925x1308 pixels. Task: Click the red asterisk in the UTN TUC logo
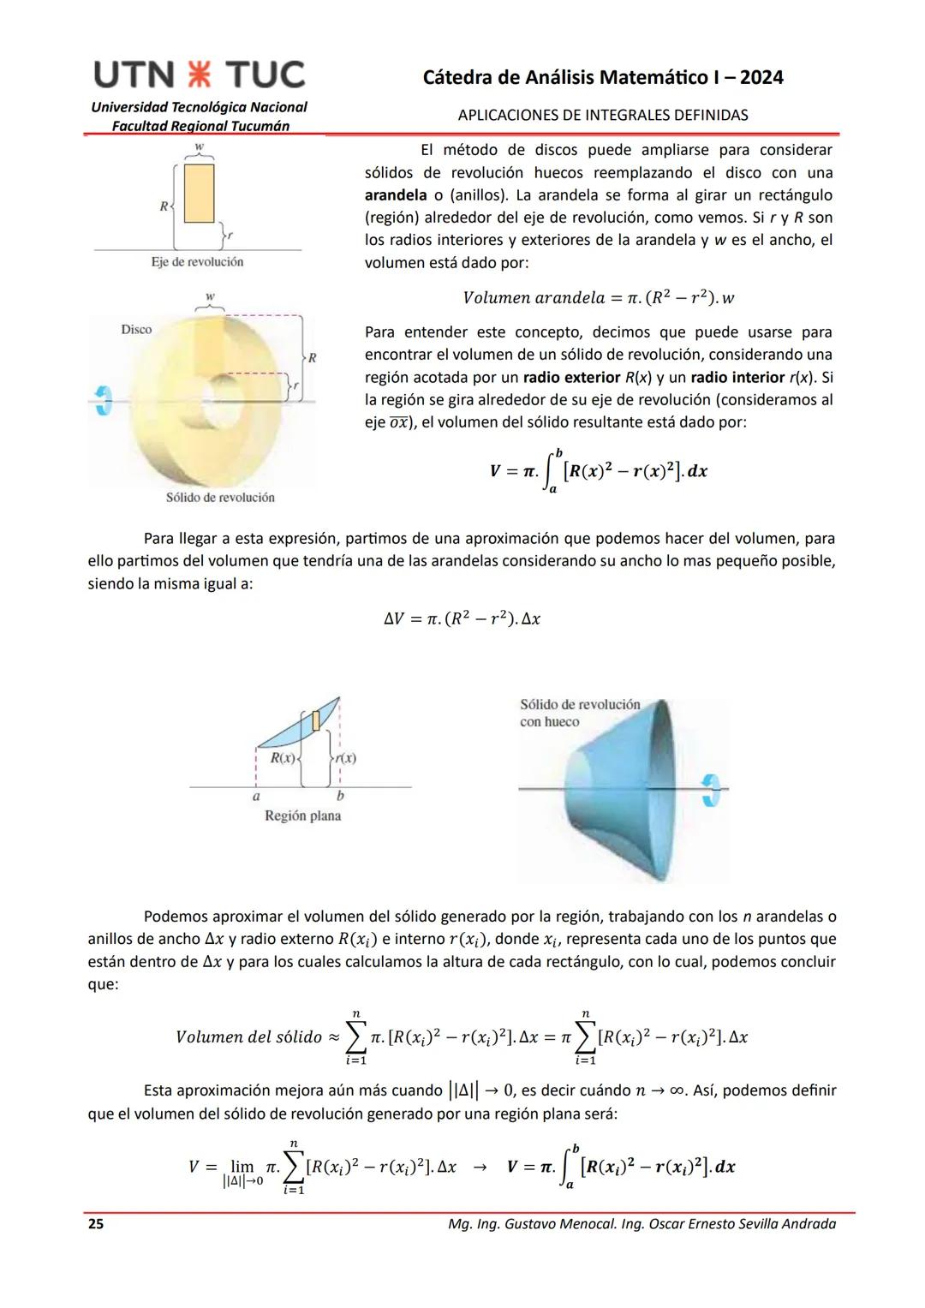pos(200,75)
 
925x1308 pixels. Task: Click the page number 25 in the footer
pos(96,1224)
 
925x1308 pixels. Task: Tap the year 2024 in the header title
pos(761,77)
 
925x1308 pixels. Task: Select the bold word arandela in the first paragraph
pos(396,195)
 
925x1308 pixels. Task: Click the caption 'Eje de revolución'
pos(197,262)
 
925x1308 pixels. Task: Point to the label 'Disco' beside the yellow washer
pos(136,330)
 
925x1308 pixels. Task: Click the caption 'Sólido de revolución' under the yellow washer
pos(220,498)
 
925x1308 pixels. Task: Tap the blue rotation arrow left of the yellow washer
pos(104,400)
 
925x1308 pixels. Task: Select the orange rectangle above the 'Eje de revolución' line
pos(199,193)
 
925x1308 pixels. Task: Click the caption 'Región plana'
pos(302,815)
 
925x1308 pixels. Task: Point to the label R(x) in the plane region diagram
pos(283,758)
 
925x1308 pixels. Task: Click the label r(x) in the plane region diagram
pos(345,758)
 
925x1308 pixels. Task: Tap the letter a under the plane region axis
pos(256,796)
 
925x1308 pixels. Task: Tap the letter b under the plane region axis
pos(340,796)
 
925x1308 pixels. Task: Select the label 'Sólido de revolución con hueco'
pos(580,713)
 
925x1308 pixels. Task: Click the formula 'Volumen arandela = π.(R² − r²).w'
pos(598,298)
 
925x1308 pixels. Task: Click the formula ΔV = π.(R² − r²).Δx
pos(462,618)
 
